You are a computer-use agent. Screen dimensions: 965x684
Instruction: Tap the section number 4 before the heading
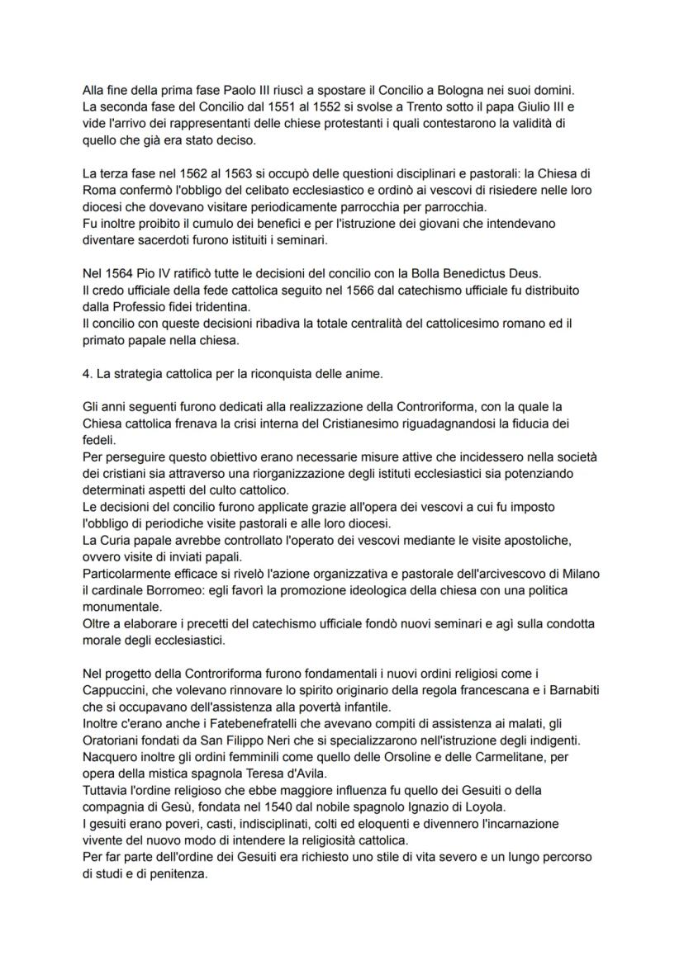tap(87, 374)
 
